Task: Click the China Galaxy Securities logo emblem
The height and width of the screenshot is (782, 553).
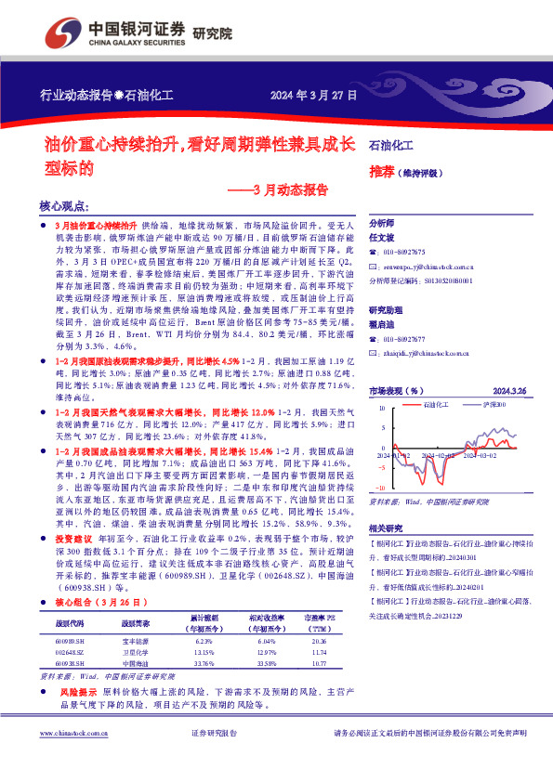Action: pyautogui.click(x=71, y=31)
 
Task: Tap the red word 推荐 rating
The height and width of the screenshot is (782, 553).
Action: pyautogui.click(x=381, y=172)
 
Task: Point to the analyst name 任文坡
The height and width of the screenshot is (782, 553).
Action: pyautogui.click(x=383, y=238)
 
